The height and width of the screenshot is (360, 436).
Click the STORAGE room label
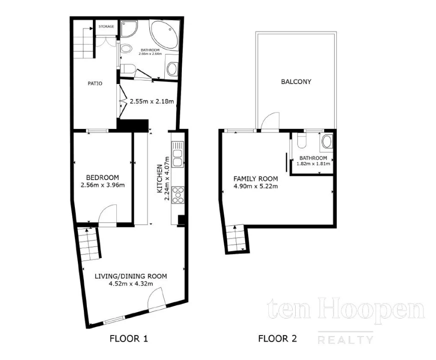(x=106, y=26)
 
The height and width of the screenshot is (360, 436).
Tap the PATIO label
(x=95, y=83)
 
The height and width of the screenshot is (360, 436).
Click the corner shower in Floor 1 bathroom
(x=129, y=28)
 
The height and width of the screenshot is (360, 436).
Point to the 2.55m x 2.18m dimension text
(x=152, y=101)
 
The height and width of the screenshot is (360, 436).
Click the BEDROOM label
(x=102, y=177)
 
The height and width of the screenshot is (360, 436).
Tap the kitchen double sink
(x=178, y=154)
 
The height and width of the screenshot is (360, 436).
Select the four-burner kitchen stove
(x=178, y=195)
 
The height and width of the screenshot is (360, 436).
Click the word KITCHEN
(x=160, y=178)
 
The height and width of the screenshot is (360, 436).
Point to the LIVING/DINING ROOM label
(x=131, y=276)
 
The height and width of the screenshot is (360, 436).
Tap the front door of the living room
(x=157, y=300)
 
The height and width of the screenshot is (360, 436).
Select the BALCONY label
(x=296, y=81)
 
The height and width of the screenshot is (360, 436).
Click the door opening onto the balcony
(x=270, y=121)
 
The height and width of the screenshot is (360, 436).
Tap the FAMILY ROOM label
(x=256, y=178)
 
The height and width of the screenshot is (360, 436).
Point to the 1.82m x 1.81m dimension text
(x=313, y=163)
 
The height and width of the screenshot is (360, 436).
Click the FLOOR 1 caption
(x=129, y=338)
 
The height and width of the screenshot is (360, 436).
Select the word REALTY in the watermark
(x=345, y=340)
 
